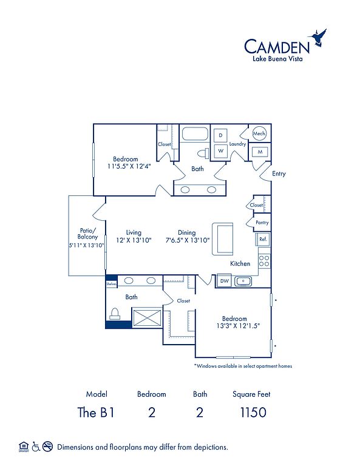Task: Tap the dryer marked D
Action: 220,135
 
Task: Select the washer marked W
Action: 220,150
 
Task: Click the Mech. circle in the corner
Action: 259,133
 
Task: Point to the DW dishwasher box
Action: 224,281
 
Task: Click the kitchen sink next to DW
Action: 243,281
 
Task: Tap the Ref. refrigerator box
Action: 263,239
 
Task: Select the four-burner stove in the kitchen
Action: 264,262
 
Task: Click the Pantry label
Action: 262,222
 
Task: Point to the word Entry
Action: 279,174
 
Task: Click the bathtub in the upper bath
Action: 195,133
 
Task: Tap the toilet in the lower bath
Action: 115,314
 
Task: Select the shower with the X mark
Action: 147,319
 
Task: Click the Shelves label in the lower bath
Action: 112,284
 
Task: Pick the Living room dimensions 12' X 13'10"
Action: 134,240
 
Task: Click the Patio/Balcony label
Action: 87,234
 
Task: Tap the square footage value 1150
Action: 253,413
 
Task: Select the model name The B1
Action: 96,413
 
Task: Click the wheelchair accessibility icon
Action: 36,447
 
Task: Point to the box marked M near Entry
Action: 260,152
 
